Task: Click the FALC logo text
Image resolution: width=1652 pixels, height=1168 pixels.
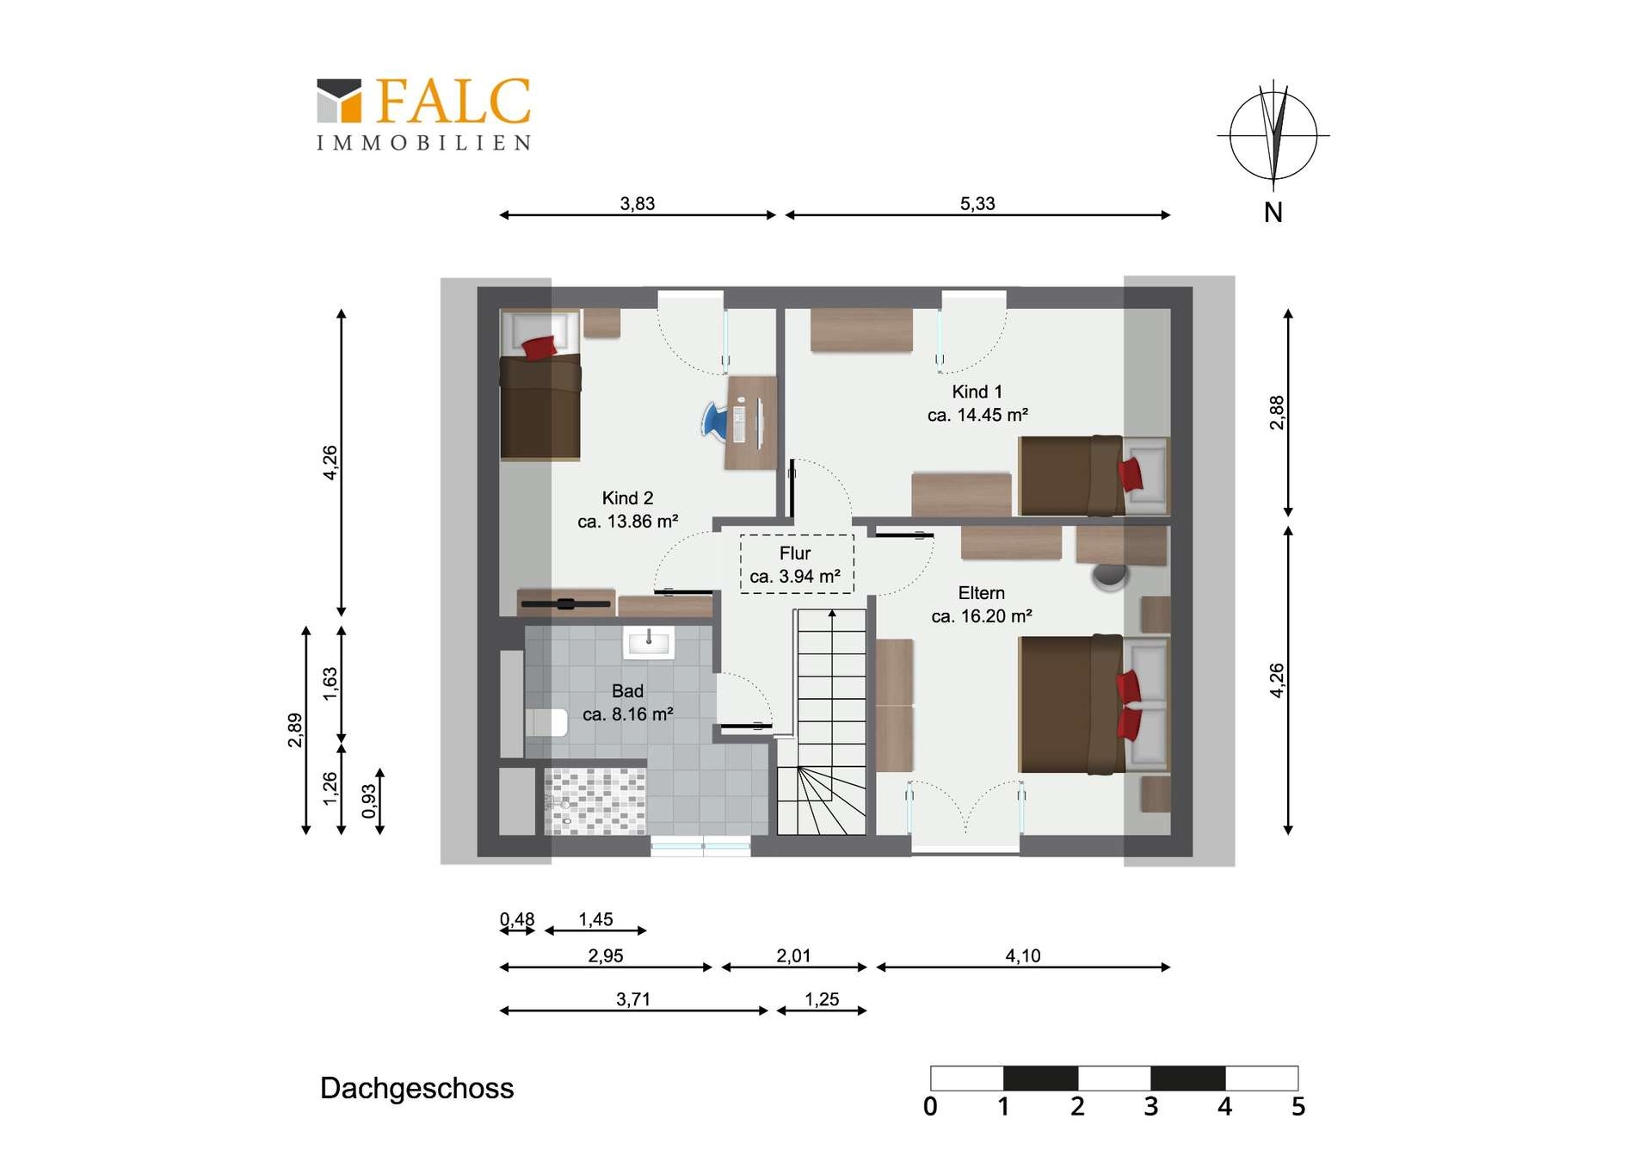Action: [453, 102]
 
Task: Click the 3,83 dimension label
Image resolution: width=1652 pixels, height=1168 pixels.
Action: [638, 204]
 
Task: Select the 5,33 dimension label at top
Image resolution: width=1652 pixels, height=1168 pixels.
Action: [977, 204]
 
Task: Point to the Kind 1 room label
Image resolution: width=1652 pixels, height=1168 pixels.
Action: [977, 403]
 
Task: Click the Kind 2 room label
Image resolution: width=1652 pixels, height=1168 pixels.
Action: [627, 510]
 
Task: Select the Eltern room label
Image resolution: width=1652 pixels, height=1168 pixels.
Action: [982, 604]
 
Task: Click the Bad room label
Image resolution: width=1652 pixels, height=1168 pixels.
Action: [627, 702]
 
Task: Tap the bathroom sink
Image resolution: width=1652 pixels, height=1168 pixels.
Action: [649, 642]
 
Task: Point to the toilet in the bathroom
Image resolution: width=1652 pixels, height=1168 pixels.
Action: [546, 722]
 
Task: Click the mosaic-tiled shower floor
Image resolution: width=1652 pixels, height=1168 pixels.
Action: [595, 800]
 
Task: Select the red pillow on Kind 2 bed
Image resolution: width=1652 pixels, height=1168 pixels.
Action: [539, 348]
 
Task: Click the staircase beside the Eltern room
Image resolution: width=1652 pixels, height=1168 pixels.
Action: [822, 721]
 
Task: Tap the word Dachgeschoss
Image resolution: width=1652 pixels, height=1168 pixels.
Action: [416, 1088]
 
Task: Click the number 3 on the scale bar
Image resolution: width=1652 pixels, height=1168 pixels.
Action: [1151, 1106]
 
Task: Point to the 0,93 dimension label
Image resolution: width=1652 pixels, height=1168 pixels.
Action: [369, 801]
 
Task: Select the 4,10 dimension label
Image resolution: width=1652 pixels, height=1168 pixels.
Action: [1023, 955]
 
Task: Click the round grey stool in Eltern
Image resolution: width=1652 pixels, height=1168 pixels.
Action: [1110, 576]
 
